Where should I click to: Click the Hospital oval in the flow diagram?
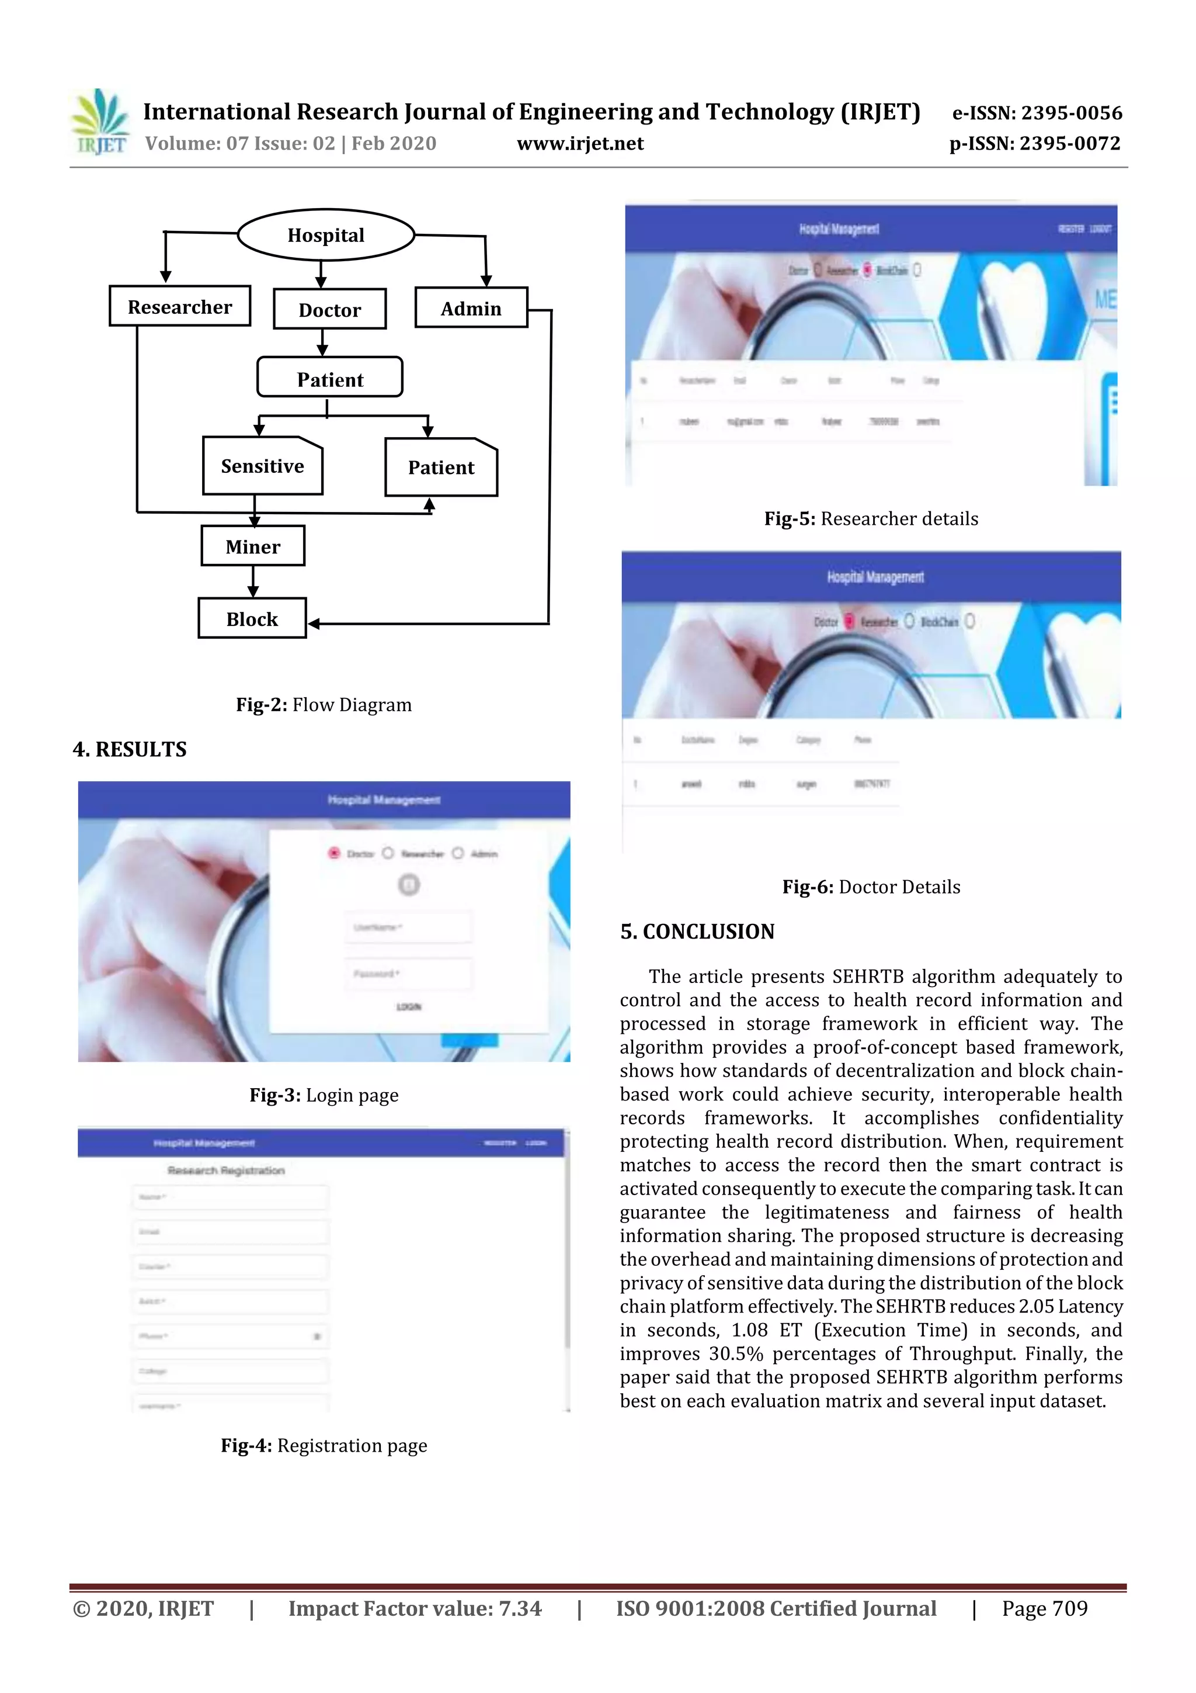pyautogui.click(x=326, y=236)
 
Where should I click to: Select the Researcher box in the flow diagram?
pyautogui.click(x=180, y=307)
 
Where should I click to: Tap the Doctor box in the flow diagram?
pyautogui.click(x=329, y=310)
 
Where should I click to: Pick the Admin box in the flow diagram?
pyautogui.click(x=471, y=308)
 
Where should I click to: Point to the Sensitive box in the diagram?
pyautogui.click(x=262, y=466)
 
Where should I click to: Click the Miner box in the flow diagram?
pyautogui.click(x=253, y=546)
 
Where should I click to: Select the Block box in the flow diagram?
pyautogui.click(x=252, y=619)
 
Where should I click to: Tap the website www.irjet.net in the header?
pyautogui.click(x=580, y=143)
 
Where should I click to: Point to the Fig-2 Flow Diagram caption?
pyautogui.click(x=324, y=705)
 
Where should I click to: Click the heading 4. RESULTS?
pyautogui.click(x=130, y=749)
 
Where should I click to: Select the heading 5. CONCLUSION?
pyautogui.click(x=697, y=932)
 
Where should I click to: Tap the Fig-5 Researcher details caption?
pyautogui.click(x=871, y=518)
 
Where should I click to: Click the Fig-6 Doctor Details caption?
pyautogui.click(x=871, y=887)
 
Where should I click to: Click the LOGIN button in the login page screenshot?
pyautogui.click(x=409, y=1006)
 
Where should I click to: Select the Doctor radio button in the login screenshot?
pyautogui.click(x=334, y=853)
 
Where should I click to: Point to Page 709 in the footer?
pyautogui.click(x=1044, y=1608)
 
